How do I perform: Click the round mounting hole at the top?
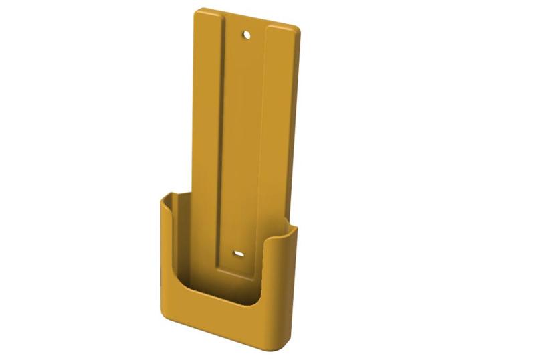(x=246, y=33)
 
